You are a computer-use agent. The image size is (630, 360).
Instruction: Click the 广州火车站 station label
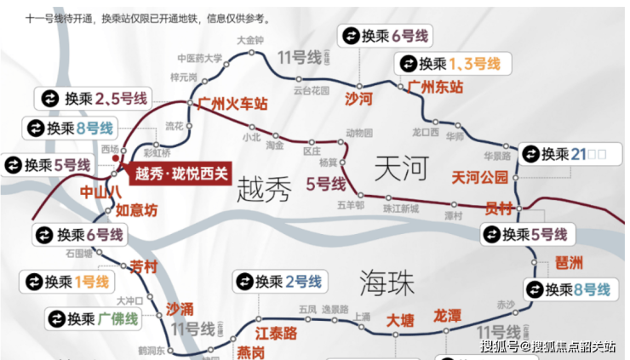(x=232, y=104)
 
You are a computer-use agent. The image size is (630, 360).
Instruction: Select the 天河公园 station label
(x=479, y=177)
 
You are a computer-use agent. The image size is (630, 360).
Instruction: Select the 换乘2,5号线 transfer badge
(x=91, y=98)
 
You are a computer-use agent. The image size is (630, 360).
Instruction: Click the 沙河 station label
(x=358, y=100)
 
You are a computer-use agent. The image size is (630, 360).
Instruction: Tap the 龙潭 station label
(x=448, y=316)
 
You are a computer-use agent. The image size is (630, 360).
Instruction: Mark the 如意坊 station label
(x=136, y=210)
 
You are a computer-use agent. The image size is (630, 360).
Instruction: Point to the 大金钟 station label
(x=251, y=40)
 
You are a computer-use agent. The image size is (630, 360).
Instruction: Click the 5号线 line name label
(x=325, y=184)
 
